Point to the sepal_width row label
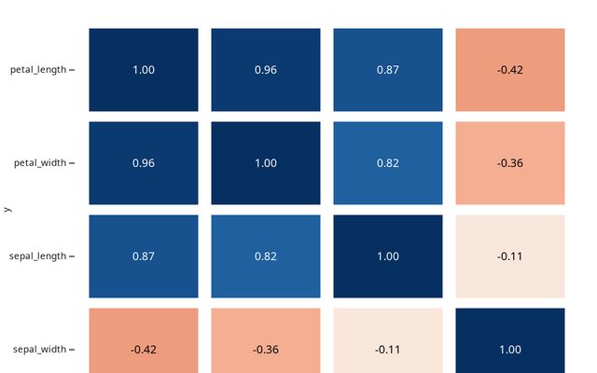coord(39,350)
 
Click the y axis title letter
coord(7,210)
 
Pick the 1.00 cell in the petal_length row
coord(144,70)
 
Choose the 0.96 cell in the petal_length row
coord(266,70)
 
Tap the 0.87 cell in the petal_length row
coord(387,70)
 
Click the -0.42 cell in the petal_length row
coord(509,70)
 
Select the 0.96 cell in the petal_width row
coord(144,163)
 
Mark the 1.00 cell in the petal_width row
coord(266,163)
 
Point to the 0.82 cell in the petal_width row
coord(387,163)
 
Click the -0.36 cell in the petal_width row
coord(509,163)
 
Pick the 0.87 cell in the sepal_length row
coord(144,256)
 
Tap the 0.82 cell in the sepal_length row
coord(266,256)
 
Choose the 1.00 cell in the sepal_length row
coord(387,256)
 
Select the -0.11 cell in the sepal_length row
coord(509,256)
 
